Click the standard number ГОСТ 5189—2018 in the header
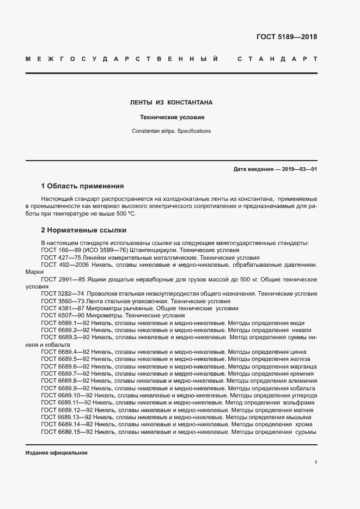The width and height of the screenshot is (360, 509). coord(286,37)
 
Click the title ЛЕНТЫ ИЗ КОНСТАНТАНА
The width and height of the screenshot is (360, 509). coord(171,102)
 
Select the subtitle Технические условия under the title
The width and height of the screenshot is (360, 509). coord(171,117)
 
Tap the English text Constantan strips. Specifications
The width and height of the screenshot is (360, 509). coord(171,131)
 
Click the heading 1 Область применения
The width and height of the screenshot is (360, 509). coord(82,186)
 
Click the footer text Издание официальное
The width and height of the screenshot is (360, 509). coord(57,453)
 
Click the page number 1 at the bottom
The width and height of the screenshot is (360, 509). coord(315,462)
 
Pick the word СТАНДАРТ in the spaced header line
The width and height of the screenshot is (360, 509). coord(277,58)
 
